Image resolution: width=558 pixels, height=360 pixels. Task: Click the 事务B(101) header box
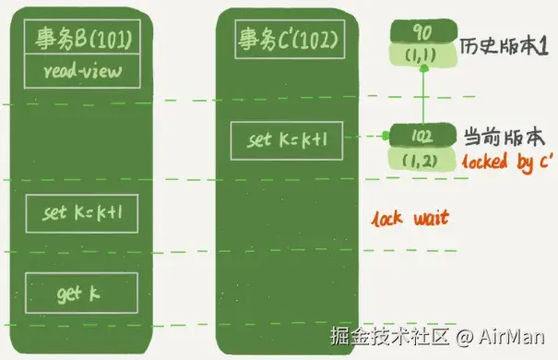coord(82,37)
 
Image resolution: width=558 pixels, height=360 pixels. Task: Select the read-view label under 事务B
coord(83,71)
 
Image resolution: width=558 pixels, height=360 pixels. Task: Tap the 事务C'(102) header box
coord(290,39)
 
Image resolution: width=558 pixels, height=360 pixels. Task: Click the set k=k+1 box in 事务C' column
coord(287,140)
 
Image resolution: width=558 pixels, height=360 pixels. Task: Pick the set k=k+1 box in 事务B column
coord(82,213)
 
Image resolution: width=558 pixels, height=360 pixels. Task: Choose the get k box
coord(81,293)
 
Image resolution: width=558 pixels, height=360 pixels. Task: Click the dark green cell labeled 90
coord(423,31)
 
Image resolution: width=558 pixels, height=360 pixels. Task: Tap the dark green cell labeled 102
coord(422,136)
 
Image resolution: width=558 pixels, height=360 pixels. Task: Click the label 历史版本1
coord(504,46)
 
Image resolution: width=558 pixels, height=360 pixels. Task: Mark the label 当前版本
coord(504,138)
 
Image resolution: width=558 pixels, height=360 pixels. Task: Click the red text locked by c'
coord(508,162)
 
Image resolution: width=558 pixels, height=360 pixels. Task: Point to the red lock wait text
coord(410,218)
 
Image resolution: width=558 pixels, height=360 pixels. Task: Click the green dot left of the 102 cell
coord(386,136)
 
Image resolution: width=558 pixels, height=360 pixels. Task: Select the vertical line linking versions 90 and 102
coord(423,97)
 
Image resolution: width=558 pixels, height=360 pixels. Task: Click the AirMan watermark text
coord(511,336)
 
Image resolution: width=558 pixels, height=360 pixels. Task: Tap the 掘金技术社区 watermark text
coord(389,335)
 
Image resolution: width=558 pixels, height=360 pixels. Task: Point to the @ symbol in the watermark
coord(464,337)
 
